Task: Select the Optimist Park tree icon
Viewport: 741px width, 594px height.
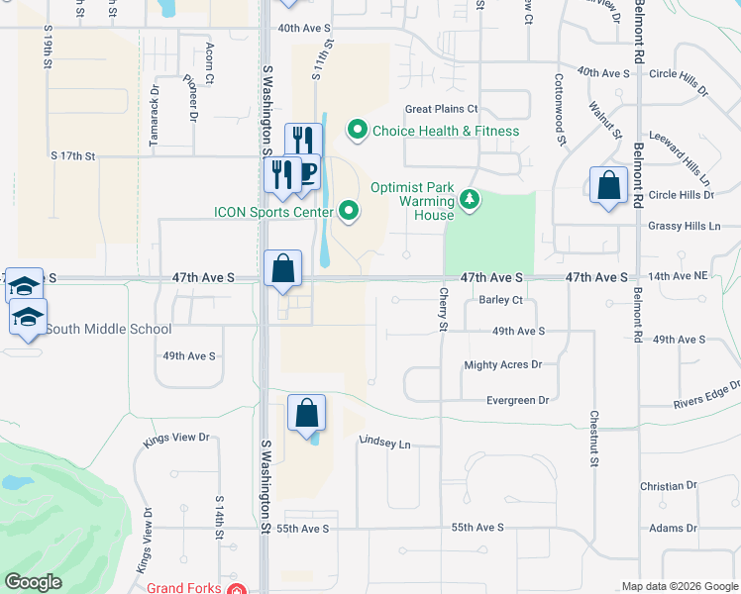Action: coord(470,201)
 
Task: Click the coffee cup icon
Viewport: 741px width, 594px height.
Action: coord(307,173)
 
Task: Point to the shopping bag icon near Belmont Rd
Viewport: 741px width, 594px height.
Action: coord(608,185)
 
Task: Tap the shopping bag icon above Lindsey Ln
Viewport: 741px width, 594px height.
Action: coord(307,413)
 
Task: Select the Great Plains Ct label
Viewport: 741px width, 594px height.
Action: coord(441,109)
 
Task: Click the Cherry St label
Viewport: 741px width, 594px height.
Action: coord(443,311)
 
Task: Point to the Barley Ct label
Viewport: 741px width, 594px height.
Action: coord(500,300)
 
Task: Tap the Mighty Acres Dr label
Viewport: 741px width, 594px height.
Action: coord(503,365)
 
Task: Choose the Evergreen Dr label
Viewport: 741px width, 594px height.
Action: coord(517,400)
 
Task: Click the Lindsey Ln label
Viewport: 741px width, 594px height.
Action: coord(384,444)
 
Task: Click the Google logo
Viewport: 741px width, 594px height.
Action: coord(33,582)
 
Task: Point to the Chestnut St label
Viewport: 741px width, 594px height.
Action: coord(593,440)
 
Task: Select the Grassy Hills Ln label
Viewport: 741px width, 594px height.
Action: coord(685,227)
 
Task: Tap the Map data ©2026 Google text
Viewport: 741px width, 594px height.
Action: coord(679,586)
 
